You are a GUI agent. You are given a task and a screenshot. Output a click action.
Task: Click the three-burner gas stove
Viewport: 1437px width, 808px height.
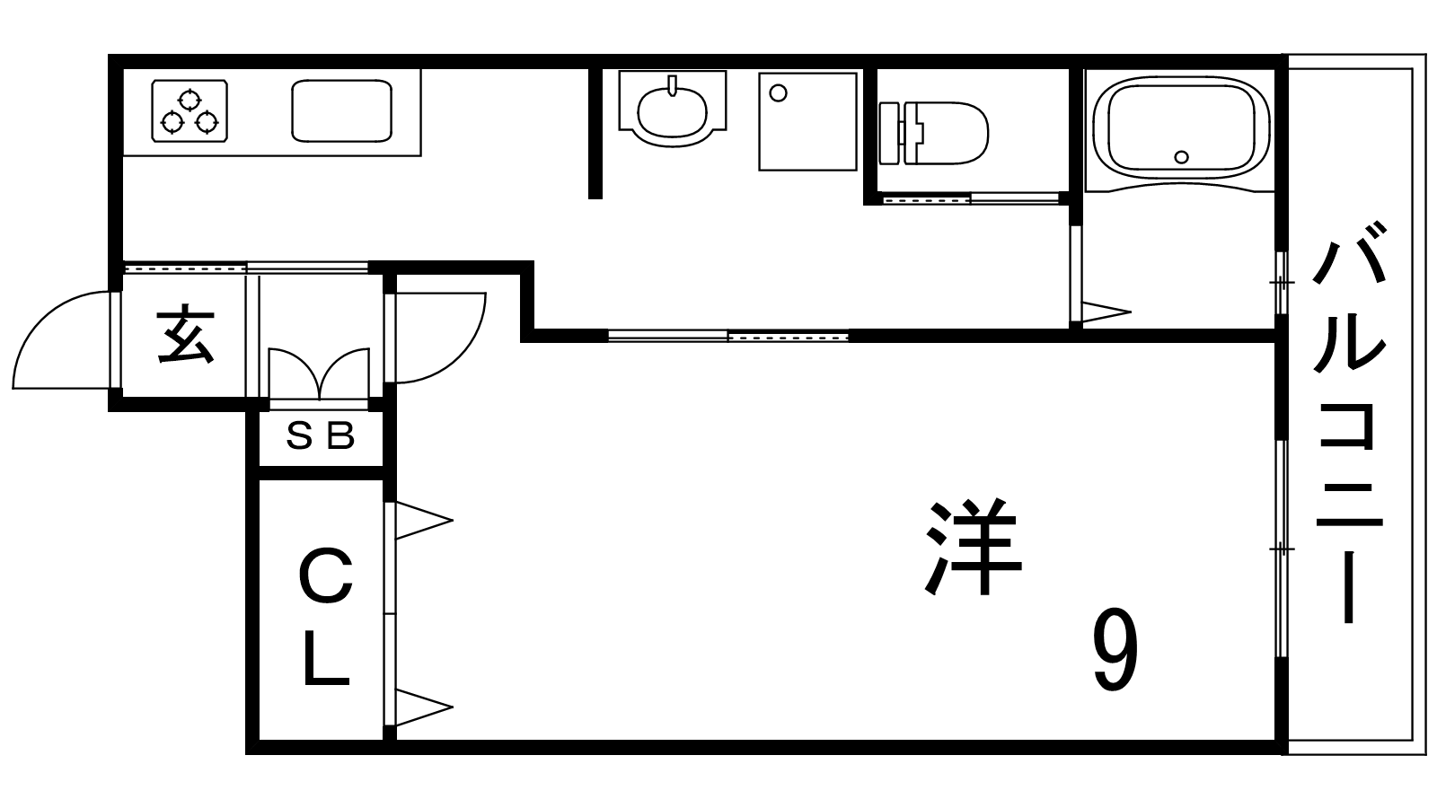point(189,110)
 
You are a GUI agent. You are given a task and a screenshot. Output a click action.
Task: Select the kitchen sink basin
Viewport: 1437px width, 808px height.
point(341,110)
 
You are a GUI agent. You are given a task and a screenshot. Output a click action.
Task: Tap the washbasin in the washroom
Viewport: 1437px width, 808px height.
point(672,110)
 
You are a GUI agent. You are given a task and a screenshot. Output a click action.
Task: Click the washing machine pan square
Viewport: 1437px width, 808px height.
point(807,121)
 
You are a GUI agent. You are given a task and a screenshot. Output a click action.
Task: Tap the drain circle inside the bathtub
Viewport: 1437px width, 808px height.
point(1182,158)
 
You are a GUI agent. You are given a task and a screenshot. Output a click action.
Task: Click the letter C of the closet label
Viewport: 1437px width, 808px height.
point(325,578)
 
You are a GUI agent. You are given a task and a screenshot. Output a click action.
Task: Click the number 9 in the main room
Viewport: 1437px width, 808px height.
point(1115,650)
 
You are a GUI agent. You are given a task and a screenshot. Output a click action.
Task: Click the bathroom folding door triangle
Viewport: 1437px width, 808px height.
point(1104,312)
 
